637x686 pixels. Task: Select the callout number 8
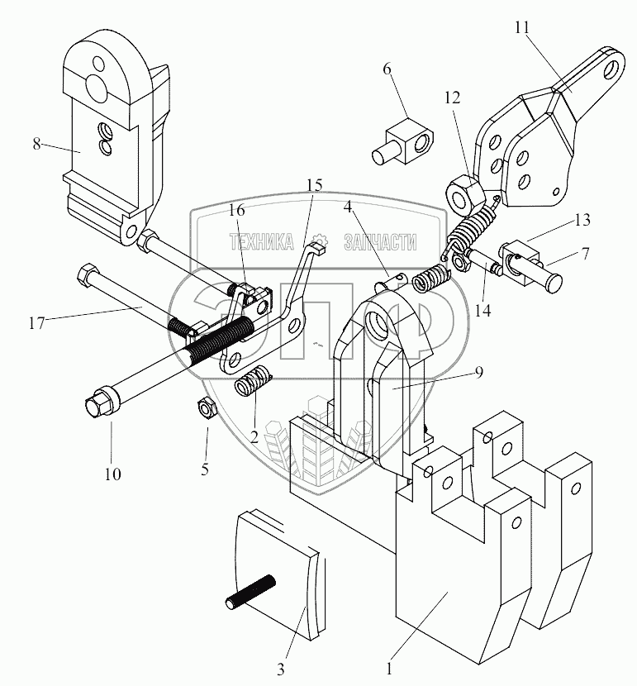pos(36,142)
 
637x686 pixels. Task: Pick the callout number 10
pos(112,474)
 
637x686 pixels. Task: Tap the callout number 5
pos(206,469)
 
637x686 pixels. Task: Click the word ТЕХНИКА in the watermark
pos(261,241)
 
